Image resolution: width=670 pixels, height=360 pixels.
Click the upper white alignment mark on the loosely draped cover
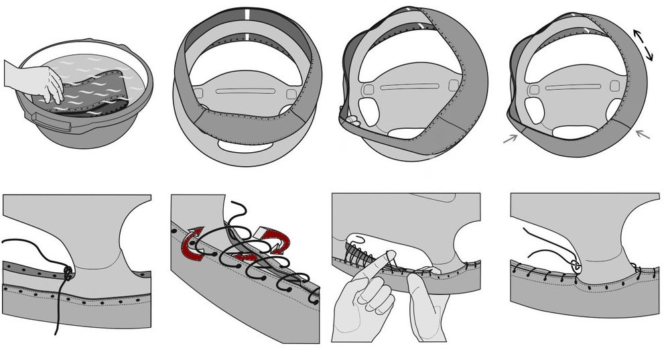coord(247,14)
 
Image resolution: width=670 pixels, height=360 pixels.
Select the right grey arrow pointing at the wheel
coord(642,135)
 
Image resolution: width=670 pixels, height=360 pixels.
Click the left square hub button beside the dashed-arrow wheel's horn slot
coord(534,88)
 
